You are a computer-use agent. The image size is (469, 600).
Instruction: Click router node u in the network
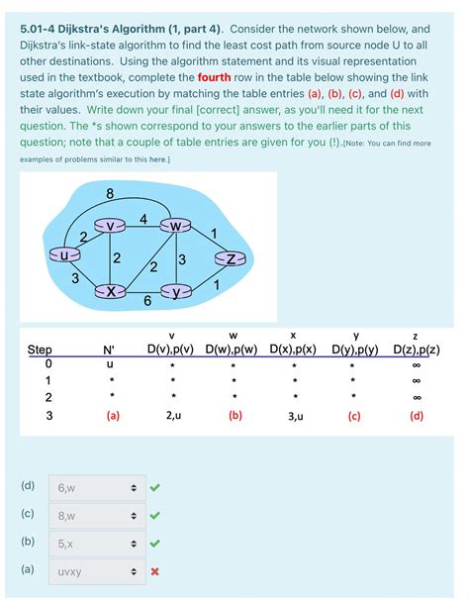[x=65, y=255]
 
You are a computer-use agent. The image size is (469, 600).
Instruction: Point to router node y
[x=177, y=291]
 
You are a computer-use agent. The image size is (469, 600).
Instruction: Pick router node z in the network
[x=229, y=259]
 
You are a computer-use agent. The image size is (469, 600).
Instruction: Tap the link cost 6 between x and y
[x=146, y=301]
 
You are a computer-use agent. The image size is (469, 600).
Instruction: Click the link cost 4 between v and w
[x=144, y=217]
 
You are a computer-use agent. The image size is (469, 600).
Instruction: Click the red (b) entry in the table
[x=234, y=416]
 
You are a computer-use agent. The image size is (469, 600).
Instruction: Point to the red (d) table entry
[x=416, y=416]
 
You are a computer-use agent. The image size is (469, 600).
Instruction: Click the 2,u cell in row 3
[x=172, y=416]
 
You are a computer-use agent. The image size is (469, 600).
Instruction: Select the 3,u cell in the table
[x=295, y=416]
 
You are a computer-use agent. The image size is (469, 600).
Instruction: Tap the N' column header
[x=109, y=350]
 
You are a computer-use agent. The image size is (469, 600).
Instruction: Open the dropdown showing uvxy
[x=94, y=570]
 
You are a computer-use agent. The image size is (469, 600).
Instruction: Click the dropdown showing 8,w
[x=94, y=515]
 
